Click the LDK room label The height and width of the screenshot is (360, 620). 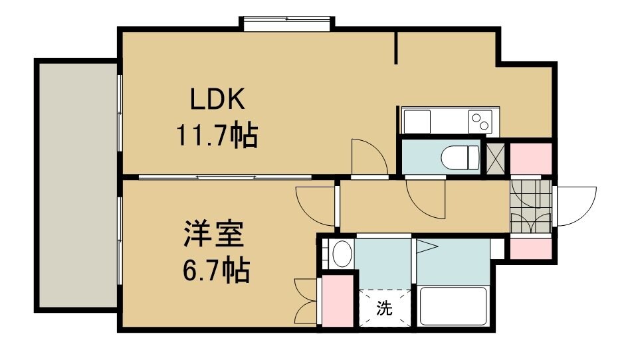click(219, 102)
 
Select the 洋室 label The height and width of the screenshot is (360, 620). click(215, 235)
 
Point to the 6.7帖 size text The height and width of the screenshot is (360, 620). click(215, 270)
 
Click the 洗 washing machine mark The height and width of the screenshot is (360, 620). click(384, 308)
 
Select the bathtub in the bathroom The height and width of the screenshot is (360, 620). click(454, 306)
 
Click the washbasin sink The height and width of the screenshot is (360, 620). click(342, 254)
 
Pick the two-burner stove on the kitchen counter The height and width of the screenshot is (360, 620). click(480, 122)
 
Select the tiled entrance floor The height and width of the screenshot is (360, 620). click(531, 205)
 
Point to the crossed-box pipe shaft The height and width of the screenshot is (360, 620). click(495, 157)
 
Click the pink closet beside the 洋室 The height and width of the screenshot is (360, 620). click(338, 300)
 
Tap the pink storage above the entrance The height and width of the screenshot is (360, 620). click(530, 157)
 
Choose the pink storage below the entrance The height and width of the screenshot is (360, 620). click(530, 248)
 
